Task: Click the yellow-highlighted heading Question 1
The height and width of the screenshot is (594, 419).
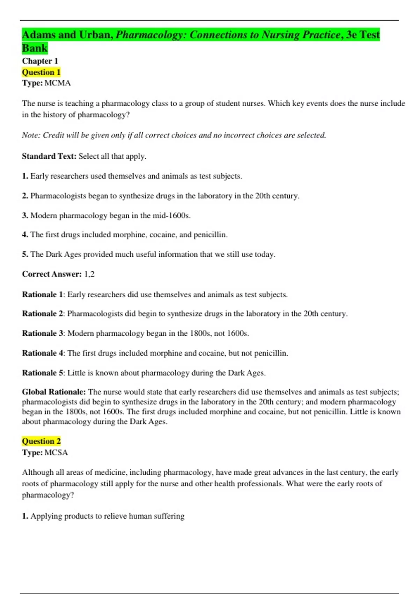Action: coord(41,72)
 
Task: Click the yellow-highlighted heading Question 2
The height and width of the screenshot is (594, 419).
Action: coord(41,441)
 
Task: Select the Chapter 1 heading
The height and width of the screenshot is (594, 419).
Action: coord(40,61)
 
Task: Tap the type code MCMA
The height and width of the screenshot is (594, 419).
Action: coord(58,83)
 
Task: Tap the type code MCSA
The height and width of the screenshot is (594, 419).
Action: coord(56,452)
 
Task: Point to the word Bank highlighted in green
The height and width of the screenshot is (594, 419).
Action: coord(35,48)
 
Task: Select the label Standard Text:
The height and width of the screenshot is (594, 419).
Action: coord(49,156)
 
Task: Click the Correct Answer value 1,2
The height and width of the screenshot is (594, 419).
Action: coord(89,274)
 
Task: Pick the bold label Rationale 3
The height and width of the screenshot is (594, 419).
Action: coord(43,333)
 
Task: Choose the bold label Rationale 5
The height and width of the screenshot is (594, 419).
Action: coord(43,373)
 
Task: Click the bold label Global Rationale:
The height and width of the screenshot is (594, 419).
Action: coord(54,392)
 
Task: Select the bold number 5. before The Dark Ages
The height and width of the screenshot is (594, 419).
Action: coord(25,254)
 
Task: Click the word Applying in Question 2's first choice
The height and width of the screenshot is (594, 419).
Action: coord(44,516)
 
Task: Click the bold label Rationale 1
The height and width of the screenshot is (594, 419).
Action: coord(43,295)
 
